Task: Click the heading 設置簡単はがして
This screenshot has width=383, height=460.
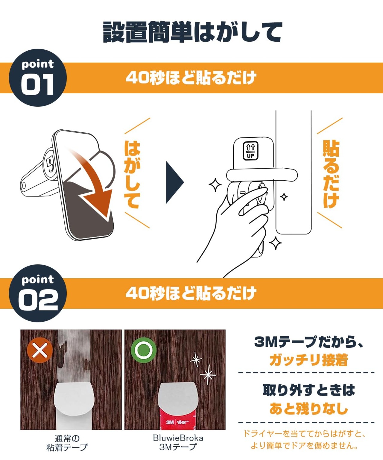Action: [x=192, y=32]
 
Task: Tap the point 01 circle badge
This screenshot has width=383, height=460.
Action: [x=38, y=78]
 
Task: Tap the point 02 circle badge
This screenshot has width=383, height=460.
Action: [x=38, y=293]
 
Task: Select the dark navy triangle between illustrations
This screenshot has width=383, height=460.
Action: [x=174, y=182]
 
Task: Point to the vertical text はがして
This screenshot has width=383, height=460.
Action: [x=132, y=174]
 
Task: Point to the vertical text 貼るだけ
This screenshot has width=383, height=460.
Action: [x=331, y=174]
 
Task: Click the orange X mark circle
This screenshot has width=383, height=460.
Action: [x=40, y=350]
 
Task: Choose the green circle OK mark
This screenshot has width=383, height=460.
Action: [x=144, y=350]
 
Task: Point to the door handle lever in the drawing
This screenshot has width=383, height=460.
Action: [x=262, y=175]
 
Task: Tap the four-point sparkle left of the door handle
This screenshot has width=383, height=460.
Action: [x=215, y=185]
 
